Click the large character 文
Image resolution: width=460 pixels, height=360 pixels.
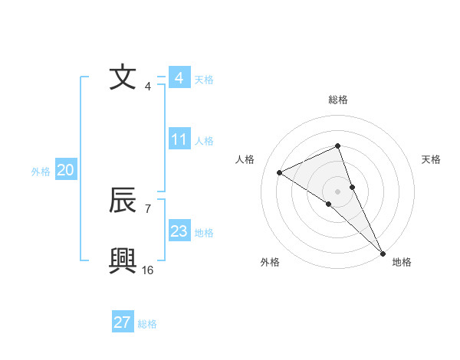[x=123, y=77]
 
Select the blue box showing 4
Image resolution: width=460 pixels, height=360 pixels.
[x=179, y=78]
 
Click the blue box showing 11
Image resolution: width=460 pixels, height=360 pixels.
[x=179, y=139]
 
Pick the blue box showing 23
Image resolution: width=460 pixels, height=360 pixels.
[x=179, y=231]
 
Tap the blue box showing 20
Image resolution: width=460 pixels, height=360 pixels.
[x=65, y=170]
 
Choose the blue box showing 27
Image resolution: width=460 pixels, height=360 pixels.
[x=123, y=322]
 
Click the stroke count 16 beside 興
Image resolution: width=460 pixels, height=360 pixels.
[x=148, y=270]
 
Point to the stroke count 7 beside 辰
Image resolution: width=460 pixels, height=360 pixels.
[x=147, y=208]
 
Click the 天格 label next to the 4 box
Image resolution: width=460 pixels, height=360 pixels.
[x=204, y=80]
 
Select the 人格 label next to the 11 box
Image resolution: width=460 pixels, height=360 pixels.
[x=204, y=141]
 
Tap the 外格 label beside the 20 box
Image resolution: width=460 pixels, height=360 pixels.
[x=41, y=172]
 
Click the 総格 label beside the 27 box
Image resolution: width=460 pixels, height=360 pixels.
[x=147, y=324]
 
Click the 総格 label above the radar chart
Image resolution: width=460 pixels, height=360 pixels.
[x=338, y=100]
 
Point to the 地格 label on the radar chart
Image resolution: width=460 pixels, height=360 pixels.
[x=402, y=262]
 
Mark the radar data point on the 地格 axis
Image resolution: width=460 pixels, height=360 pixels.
[x=383, y=253]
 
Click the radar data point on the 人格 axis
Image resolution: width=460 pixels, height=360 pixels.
[x=280, y=172]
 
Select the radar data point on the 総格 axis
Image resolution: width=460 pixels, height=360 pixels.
[x=338, y=146]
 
